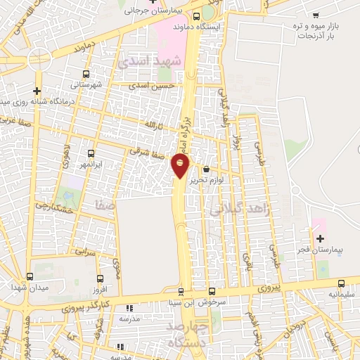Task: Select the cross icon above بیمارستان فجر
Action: [x=320, y=239]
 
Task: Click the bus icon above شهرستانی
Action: [x=86, y=74]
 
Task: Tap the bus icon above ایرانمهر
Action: [x=91, y=153]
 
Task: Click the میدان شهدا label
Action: [x=28, y=287]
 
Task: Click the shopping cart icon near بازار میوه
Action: [x=316, y=15]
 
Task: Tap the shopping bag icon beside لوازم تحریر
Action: [x=205, y=169]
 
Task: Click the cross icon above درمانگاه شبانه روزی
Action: [x=37, y=91]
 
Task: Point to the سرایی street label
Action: [x=85, y=250]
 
